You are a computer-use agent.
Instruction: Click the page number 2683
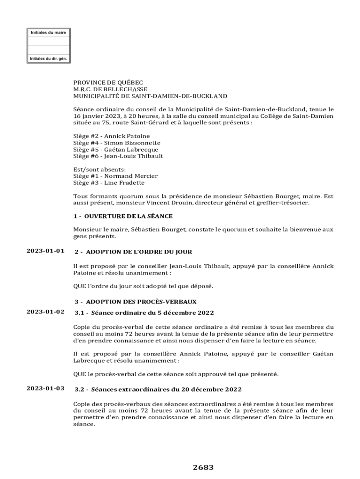click(203, 467)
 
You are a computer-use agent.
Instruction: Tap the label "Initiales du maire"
click(48, 33)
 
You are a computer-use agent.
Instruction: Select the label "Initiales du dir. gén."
click(48, 59)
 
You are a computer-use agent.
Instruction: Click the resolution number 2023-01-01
click(45, 251)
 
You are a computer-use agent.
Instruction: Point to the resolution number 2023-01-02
click(45, 312)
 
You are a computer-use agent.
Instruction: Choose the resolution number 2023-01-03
click(45, 388)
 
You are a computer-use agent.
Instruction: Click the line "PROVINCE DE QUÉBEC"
click(108, 82)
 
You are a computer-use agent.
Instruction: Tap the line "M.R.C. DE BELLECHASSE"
click(110, 89)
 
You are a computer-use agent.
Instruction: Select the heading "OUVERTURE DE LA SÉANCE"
click(128, 216)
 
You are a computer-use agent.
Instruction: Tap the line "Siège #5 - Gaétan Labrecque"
click(115, 150)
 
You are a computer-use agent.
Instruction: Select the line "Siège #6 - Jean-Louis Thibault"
click(118, 156)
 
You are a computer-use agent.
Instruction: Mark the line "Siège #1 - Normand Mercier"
click(115, 176)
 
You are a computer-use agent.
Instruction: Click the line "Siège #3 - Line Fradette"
click(108, 183)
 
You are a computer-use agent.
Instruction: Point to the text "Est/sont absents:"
click(99, 169)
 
